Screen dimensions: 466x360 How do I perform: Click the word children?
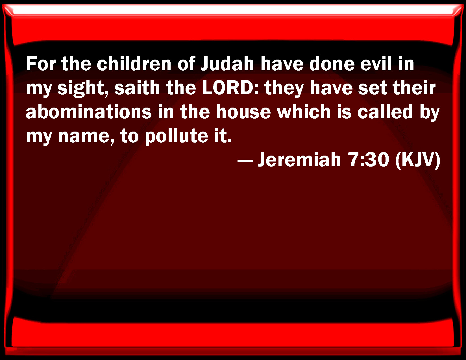pyautogui.click(x=134, y=64)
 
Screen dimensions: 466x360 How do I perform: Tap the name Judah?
pyautogui.click(x=228, y=64)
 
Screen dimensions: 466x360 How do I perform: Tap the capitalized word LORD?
pyautogui.click(x=230, y=88)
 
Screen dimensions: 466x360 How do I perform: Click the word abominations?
pyautogui.click(x=89, y=112)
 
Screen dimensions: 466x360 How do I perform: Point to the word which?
pyautogui.click(x=304, y=112)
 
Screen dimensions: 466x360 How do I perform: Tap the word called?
pyautogui.click(x=385, y=112)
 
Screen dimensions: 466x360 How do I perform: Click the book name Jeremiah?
pyautogui.click(x=299, y=160)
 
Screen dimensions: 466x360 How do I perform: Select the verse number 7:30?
pyautogui.click(x=369, y=160)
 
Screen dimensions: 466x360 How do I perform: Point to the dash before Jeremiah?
pyautogui.click(x=245, y=161)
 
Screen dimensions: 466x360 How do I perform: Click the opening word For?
pyautogui.click(x=41, y=64)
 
